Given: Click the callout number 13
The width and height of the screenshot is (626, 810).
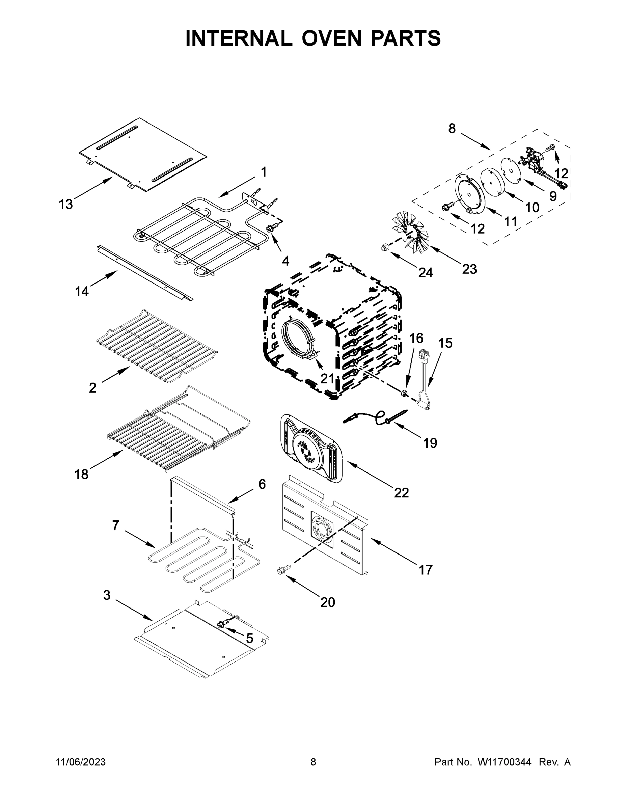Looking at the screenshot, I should tap(66, 204).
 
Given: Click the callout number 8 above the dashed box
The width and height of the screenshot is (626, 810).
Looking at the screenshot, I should tap(452, 129).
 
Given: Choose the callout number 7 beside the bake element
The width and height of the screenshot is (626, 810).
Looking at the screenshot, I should tap(116, 525).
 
